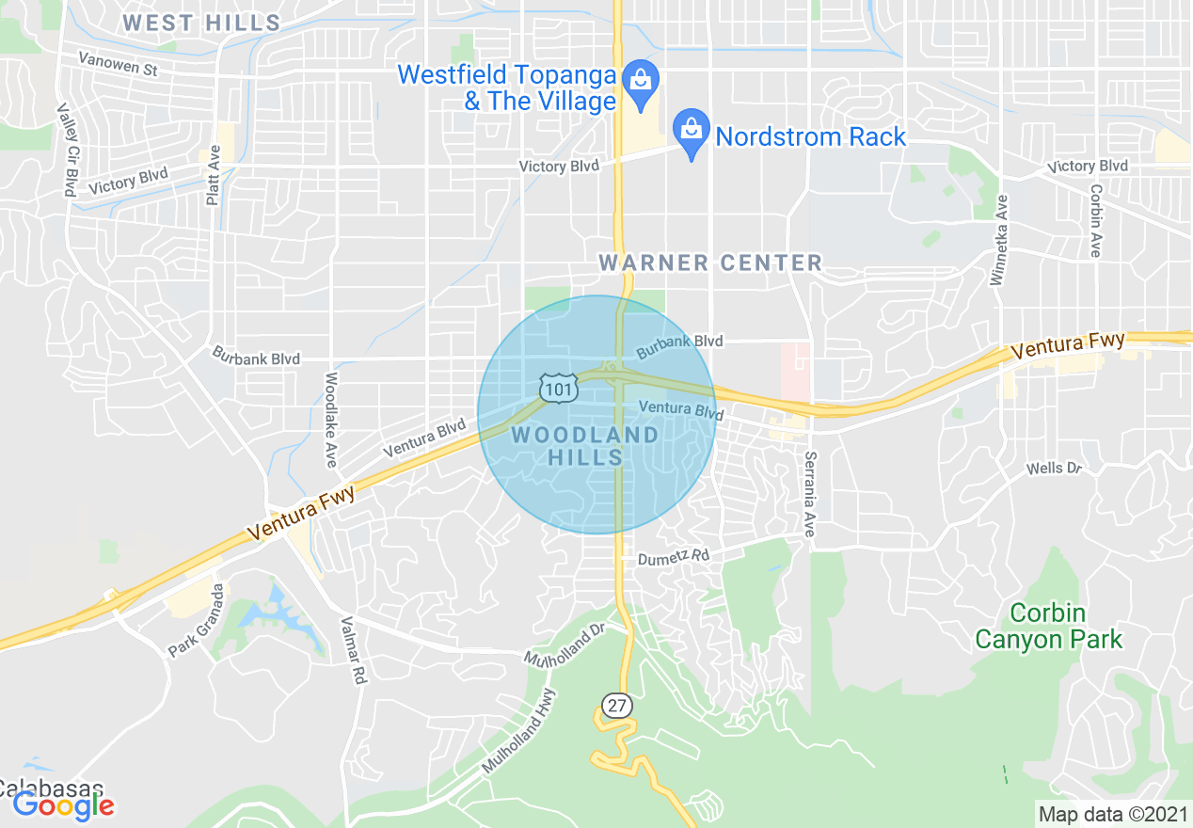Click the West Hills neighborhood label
201,23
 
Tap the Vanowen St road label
118,65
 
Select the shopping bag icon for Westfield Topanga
641,78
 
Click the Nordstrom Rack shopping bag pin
692,130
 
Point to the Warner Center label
710,263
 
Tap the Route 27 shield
616,706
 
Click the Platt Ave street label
214,174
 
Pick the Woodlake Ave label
330,420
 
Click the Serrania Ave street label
809,495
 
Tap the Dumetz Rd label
673,557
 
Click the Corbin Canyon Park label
1048,627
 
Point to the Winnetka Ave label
999,240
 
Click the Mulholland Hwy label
518,731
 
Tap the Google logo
63,804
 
